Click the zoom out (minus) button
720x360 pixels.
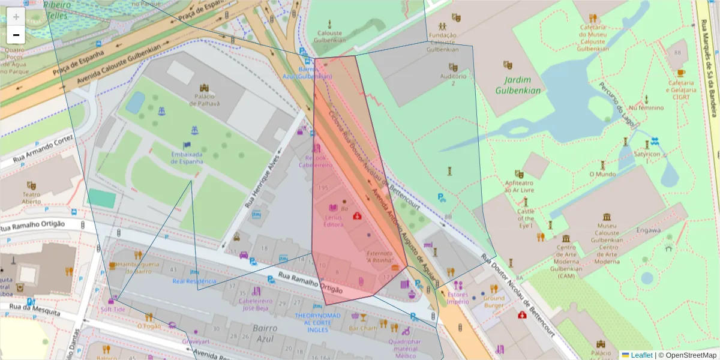tap(16, 35)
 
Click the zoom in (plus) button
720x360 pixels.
tap(16, 17)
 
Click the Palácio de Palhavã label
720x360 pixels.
tap(204, 99)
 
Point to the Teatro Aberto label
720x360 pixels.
tap(31, 198)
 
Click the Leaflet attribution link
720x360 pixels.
tap(641, 355)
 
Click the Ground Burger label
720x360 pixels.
tap(494, 302)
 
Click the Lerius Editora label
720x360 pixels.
tap(333, 220)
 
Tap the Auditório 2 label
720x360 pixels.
tap(453, 79)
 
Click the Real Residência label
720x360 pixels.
tap(194, 281)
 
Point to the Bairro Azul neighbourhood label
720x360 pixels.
tap(265, 332)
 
